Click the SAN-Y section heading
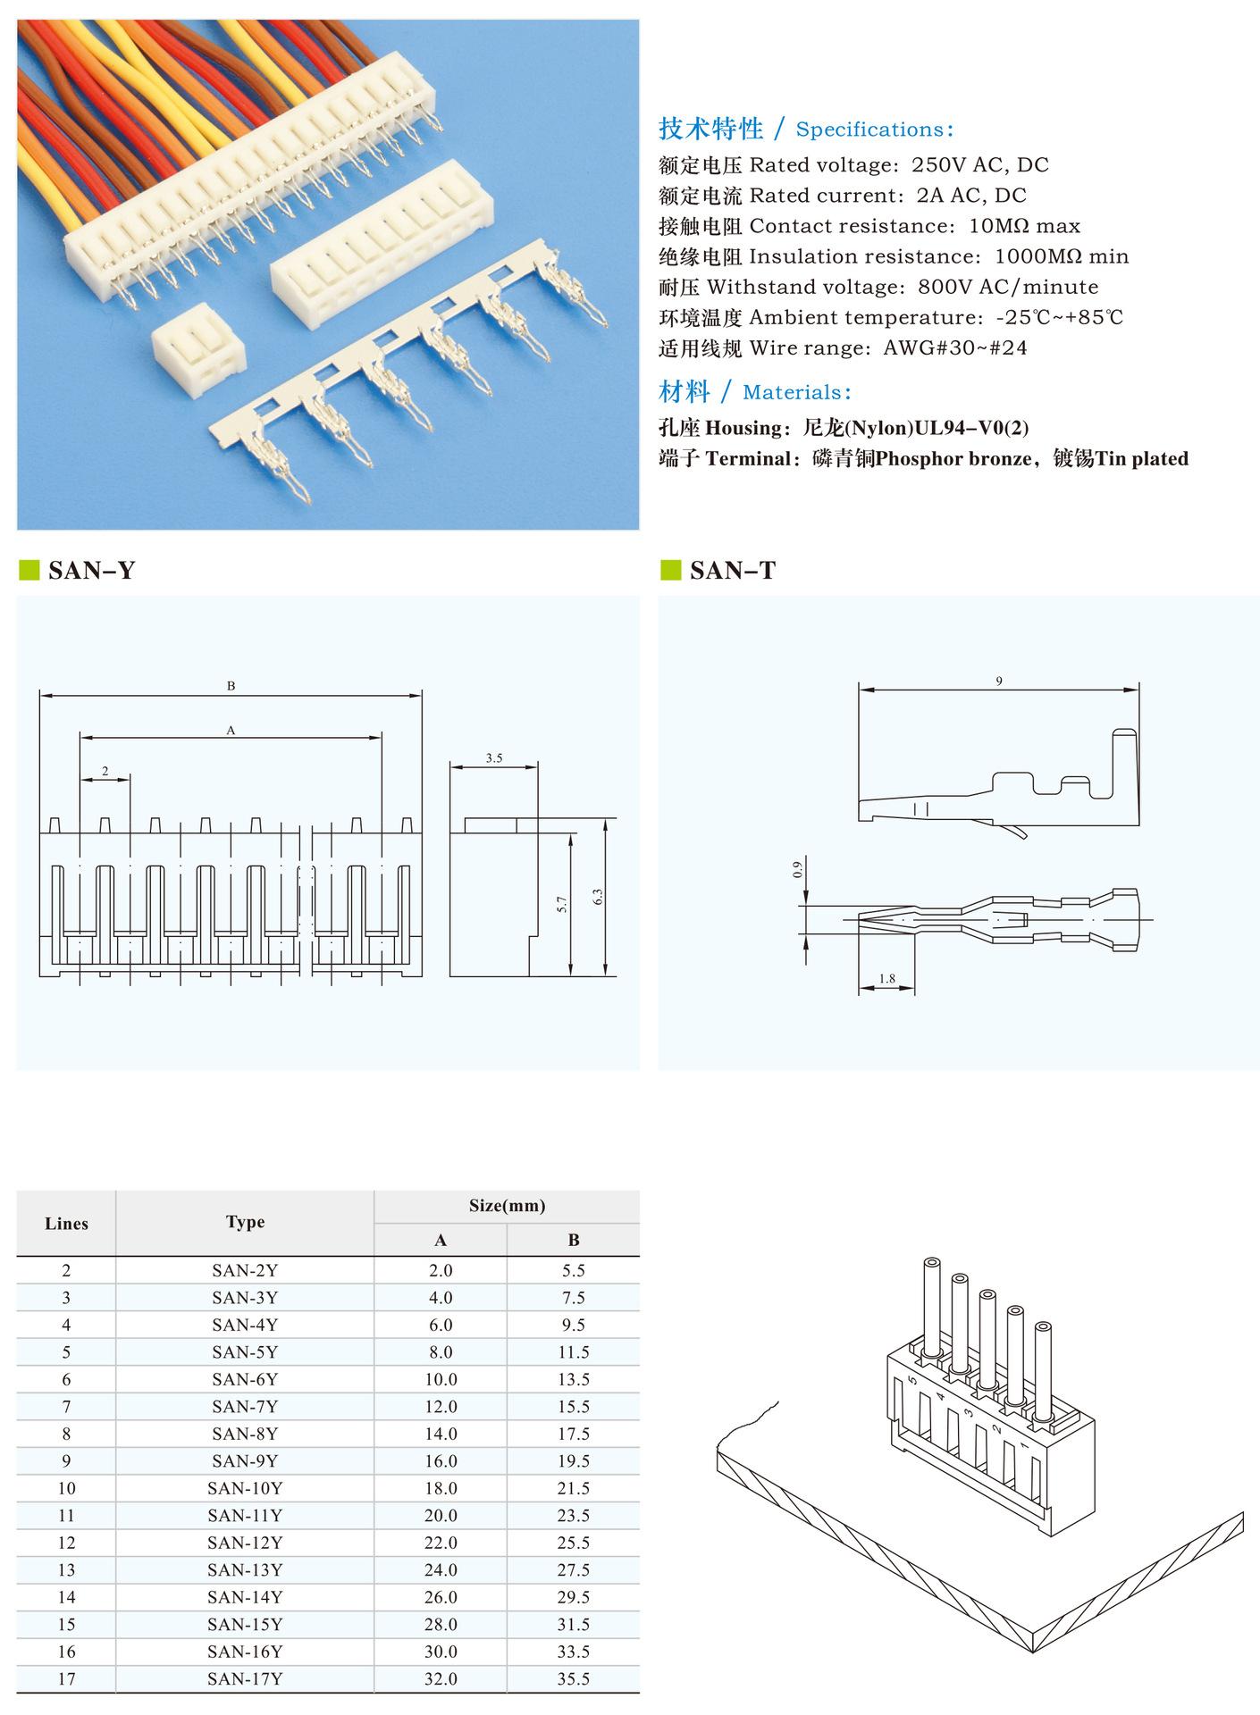pyautogui.click(x=90, y=570)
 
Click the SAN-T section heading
pyautogui.click(x=732, y=570)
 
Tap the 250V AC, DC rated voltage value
pyautogui.click(x=979, y=165)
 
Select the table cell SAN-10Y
pyautogui.click(x=245, y=1488)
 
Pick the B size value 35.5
pyautogui.click(x=574, y=1679)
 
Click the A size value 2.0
pyautogui.click(x=441, y=1270)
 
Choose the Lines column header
pyautogui.click(x=66, y=1224)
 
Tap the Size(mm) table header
pyautogui.click(x=507, y=1206)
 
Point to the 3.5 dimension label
pyautogui.click(x=494, y=758)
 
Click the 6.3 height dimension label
pyautogui.click(x=598, y=897)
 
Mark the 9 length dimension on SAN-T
pyautogui.click(x=999, y=682)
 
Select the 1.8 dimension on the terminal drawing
pyautogui.click(x=886, y=979)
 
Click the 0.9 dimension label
pyautogui.click(x=798, y=868)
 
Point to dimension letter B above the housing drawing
pyautogui.click(x=231, y=686)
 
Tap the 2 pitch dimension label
pyautogui.click(x=105, y=771)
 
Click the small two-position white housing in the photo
pyautogui.click(x=197, y=352)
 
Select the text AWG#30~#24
pyautogui.click(x=955, y=348)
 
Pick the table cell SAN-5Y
pyautogui.click(x=245, y=1352)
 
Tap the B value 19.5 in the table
pyautogui.click(x=574, y=1461)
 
